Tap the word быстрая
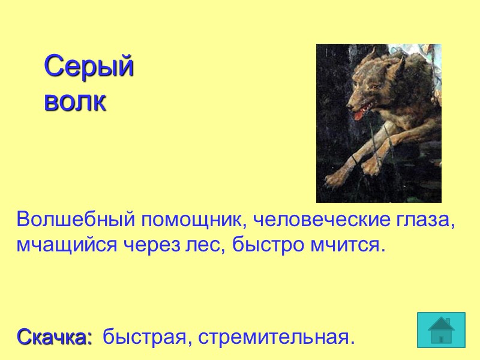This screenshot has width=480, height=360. click(x=143, y=337)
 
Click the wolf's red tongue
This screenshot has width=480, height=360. click(x=358, y=115)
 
